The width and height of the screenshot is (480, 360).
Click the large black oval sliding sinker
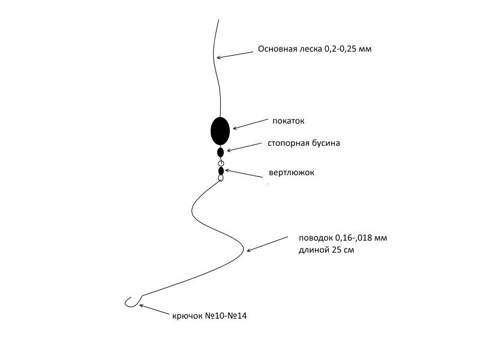coord(220,131)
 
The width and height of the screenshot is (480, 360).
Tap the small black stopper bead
coord(220,152)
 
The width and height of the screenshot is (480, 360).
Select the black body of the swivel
coord(221,171)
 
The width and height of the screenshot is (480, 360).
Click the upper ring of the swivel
coord(221,163)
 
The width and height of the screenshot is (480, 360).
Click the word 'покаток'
coord(289,121)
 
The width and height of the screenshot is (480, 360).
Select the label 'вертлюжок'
coord(292,172)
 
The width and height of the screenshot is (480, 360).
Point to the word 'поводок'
coord(316,238)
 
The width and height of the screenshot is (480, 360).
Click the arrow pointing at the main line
coord(235,55)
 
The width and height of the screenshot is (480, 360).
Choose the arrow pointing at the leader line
coord(267,244)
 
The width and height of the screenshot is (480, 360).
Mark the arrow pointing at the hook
coord(154,310)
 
